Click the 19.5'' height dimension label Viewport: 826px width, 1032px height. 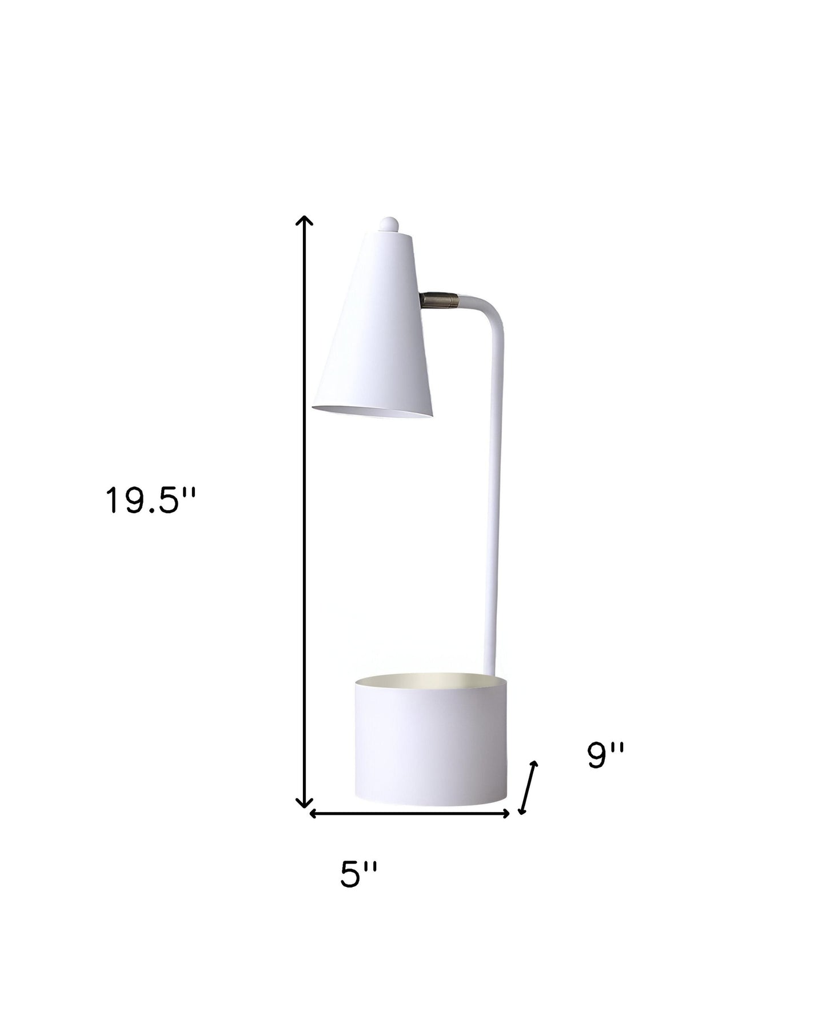click(150, 501)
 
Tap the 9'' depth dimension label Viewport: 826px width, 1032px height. click(606, 755)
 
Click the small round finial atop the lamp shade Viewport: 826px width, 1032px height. click(389, 223)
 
